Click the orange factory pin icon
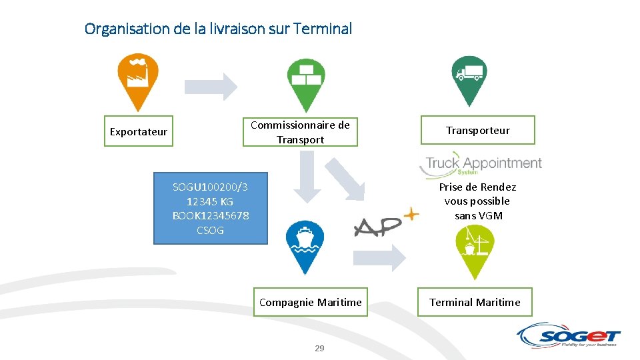coord(138,78)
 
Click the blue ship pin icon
coord(305,243)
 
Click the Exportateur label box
coord(139,131)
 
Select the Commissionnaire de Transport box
coord(300,132)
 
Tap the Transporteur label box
coord(477,131)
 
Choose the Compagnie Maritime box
coord(310,302)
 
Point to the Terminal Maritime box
coord(475,302)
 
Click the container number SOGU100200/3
coord(210,187)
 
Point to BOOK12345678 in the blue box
coord(210,215)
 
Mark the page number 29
coord(319,349)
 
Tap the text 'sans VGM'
coord(478,215)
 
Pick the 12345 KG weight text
coord(210,201)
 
